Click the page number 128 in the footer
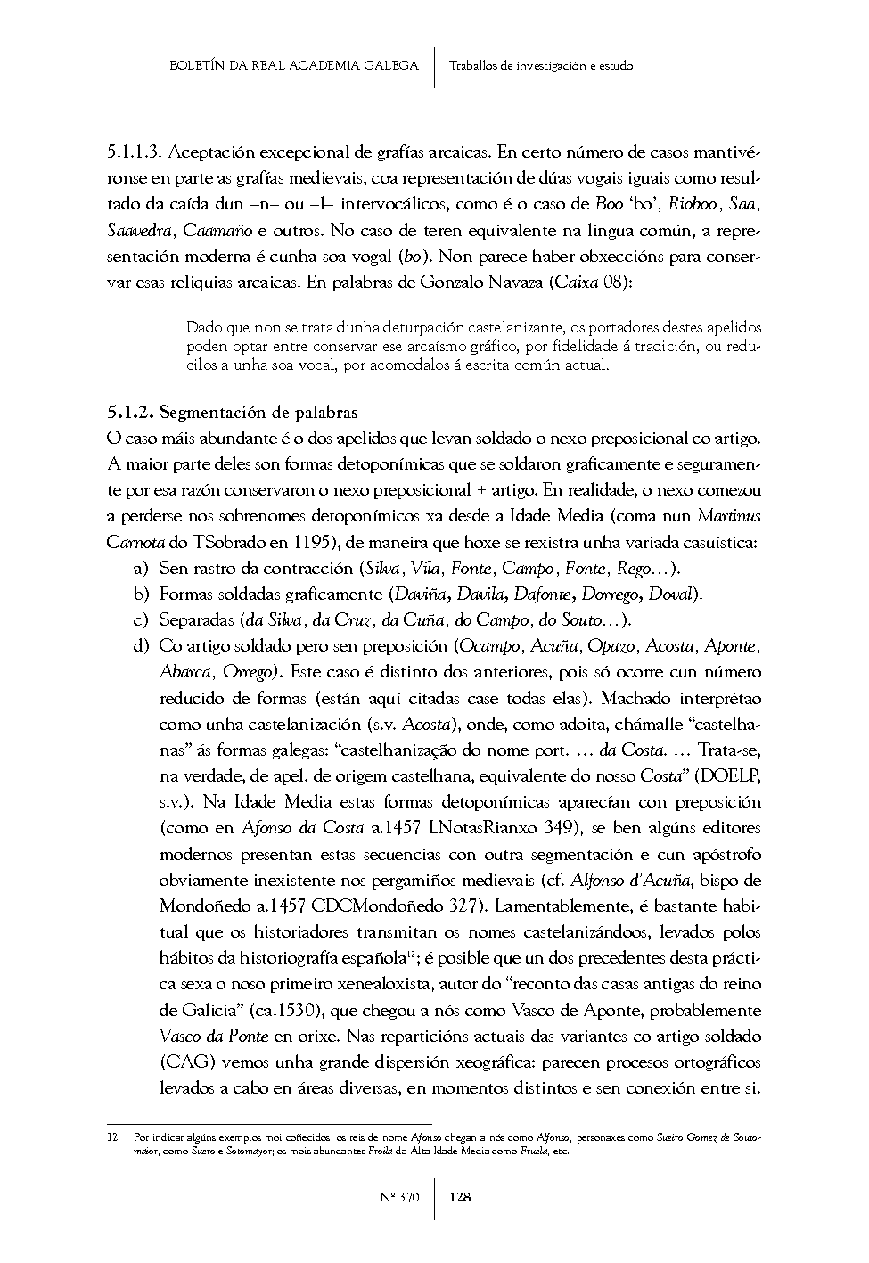(460, 1197)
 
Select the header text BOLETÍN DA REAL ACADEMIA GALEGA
(293, 65)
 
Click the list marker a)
(139, 568)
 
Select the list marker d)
(139, 645)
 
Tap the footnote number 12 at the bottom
(111, 1138)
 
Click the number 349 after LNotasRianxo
(557, 828)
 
